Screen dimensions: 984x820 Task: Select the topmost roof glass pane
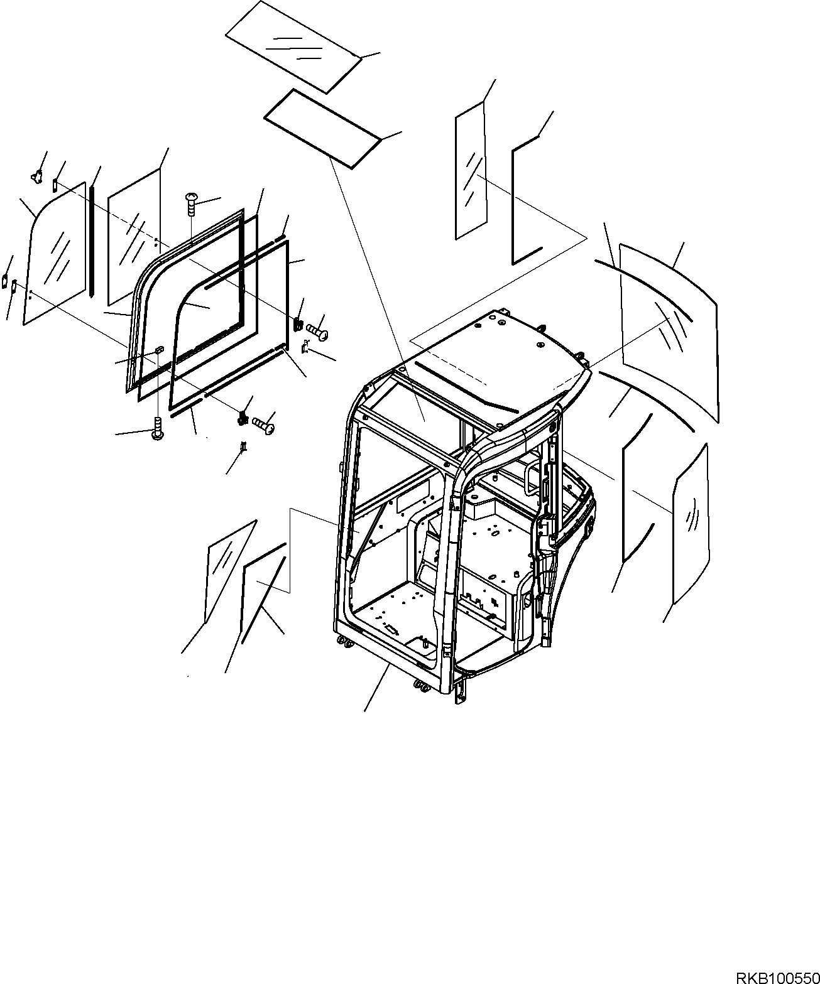pos(293,45)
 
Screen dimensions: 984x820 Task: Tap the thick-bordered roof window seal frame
pos(322,129)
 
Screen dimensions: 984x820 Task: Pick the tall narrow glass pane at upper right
pos(471,171)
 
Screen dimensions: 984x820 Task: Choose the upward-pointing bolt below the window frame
pos(158,430)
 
